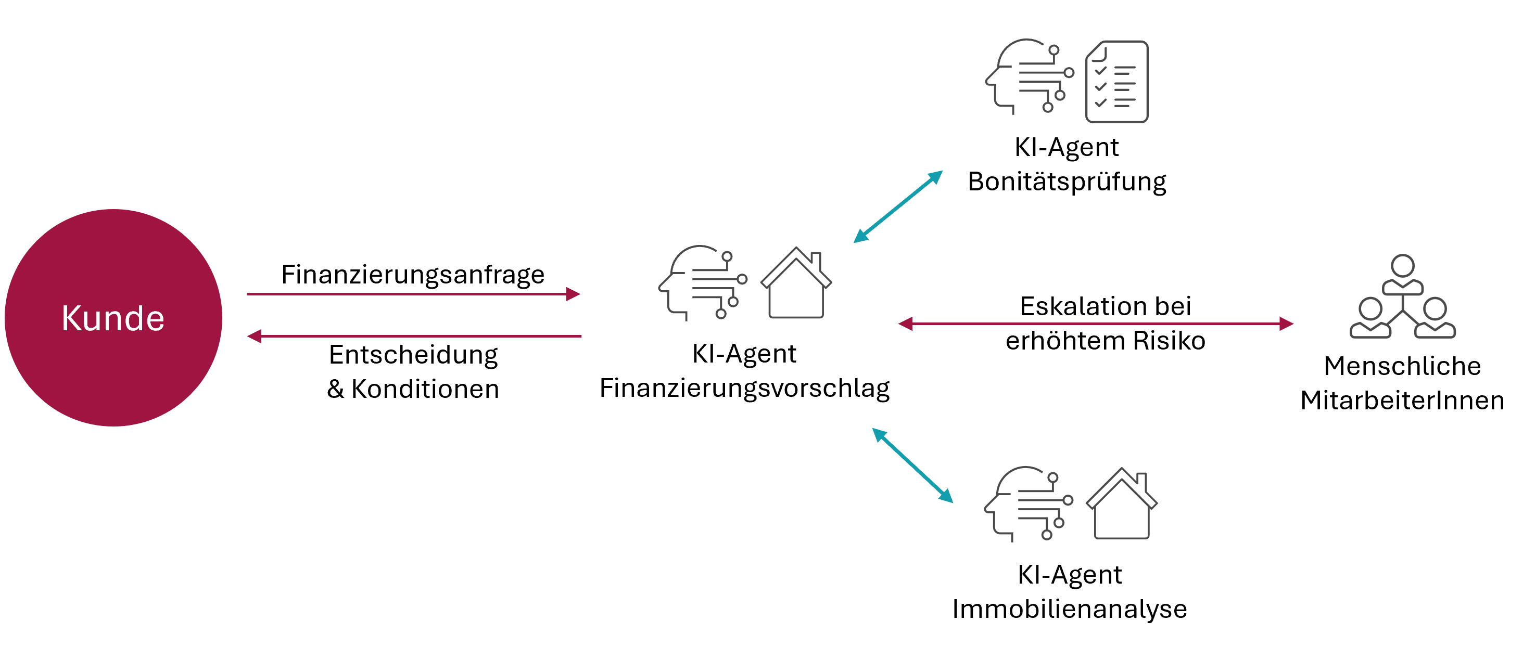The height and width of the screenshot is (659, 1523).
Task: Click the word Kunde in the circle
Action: click(x=113, y=318)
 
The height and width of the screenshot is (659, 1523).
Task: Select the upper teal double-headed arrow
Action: click(x=898, y=206)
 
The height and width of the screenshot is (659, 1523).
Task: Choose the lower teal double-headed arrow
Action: click(x=912, y=465)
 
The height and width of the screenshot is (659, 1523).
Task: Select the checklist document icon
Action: click(x=1117, y=82)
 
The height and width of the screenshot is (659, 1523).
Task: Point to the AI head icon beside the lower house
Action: click(x=1027, y=503)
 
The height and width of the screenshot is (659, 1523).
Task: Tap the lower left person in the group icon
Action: click(x=1370, y=319)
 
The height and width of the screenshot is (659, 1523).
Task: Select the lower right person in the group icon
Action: click(x=1435, y=319)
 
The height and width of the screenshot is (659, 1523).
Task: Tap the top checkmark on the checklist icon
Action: click(x=1100, y=71)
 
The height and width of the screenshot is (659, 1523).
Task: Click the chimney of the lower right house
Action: click(x=1141, y=480)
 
